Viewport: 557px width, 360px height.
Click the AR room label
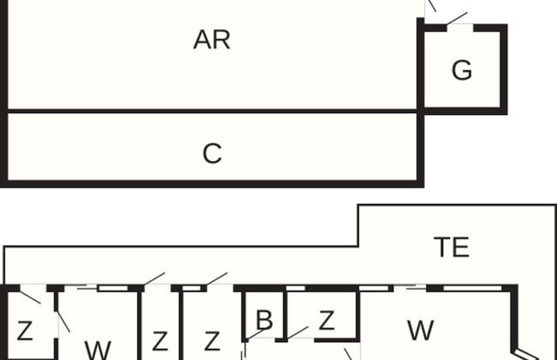click(212, 40)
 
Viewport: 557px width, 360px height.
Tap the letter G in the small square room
click(462, 71)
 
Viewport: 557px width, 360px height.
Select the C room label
click(212, 154)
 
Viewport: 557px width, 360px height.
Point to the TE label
click(452, 248)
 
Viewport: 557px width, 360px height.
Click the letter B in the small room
click(264, 321)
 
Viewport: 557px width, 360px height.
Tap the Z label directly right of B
click(326, 321)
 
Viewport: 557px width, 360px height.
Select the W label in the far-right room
click(420, 330)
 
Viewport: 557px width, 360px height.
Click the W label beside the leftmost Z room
click(98, 350)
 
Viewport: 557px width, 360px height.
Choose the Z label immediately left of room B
click(212, 341)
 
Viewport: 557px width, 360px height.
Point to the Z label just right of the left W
click(159, 341)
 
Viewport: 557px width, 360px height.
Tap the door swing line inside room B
click(257, 334)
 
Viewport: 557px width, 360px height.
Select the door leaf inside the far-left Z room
click(30, 297)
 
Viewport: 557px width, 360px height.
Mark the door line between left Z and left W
click(63, 321)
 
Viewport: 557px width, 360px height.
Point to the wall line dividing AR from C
click(212, 111)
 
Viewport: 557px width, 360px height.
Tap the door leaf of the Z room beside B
click(298, 332)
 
